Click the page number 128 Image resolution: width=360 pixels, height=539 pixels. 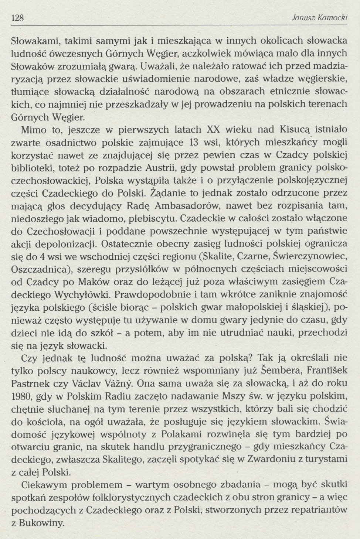(18, 18)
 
